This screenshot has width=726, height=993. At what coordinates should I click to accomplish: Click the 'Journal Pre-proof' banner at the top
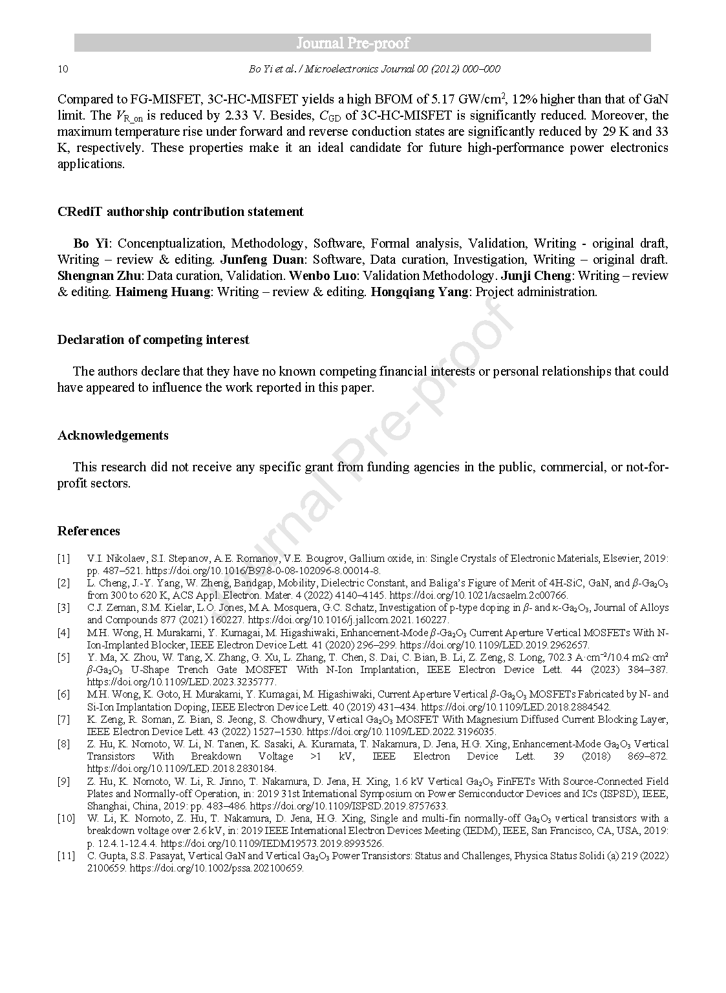pyautogui.click(x=362, y=43)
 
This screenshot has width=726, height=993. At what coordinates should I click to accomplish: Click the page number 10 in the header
pyautogui.click(x=63, y=69)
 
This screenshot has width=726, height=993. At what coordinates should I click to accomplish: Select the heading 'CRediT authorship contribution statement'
pyautogui.click(x=180, y=211)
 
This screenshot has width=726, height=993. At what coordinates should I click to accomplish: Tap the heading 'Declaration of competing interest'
pyautogui.click(x=153, y=339)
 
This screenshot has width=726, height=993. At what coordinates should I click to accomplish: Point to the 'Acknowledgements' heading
pyautogui.click(x=113, y=435)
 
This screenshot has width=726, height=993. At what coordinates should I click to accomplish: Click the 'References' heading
pyautogui.click(x=89, y=531)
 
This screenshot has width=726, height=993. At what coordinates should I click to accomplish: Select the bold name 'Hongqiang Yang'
pyautogui.click(x=420, y=292)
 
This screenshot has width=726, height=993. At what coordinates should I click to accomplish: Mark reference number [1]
pyautogui.click(x=63, y=558)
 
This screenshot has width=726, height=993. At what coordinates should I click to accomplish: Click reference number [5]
pyautogui.click(x=63, y=657)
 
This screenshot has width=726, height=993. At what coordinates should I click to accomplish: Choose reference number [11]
pyautogui.click(x=66, y=856)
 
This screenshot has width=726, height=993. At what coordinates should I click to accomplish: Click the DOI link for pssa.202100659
pyautogui.click(x=217, y=868)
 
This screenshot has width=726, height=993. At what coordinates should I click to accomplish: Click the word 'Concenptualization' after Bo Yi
pyautogui.click(x=170, y=243)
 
